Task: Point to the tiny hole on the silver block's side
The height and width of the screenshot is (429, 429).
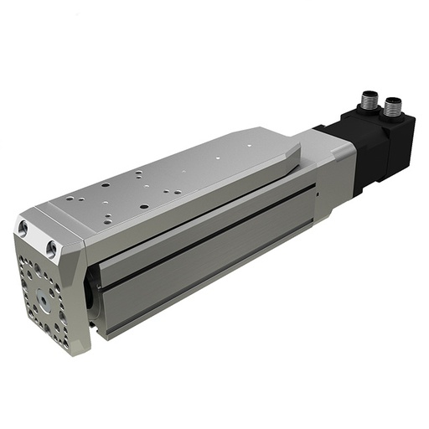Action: [318, 194]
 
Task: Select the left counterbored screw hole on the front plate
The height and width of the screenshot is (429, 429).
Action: [23, 227]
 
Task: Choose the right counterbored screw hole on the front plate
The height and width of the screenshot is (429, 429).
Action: [53, 248]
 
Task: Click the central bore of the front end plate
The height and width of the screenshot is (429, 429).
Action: [41, 298]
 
